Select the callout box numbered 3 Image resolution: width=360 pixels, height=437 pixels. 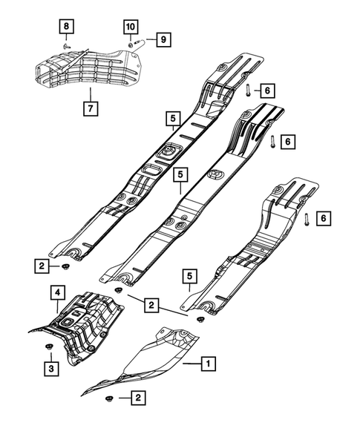51,367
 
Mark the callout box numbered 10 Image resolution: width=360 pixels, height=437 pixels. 131,27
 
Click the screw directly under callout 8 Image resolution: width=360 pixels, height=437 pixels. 65,45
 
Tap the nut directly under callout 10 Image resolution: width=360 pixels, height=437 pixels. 131,45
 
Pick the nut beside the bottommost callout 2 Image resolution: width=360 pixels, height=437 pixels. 108,400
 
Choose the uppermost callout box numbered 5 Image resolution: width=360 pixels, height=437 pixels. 172,117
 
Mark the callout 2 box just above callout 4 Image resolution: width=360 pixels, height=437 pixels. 44,265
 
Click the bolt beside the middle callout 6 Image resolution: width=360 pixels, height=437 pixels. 273,140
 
